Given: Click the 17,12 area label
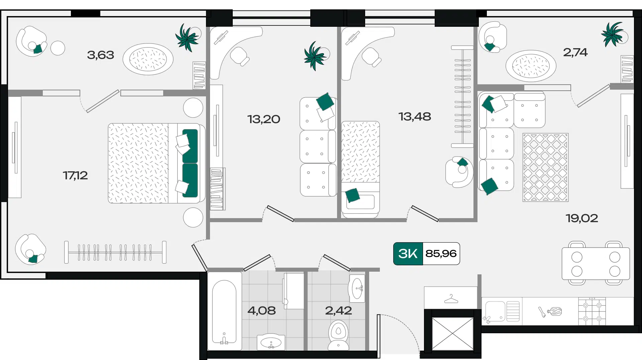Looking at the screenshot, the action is coord(75,175).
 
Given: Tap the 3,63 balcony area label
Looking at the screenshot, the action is coord(100,55).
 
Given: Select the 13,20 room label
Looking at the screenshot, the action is coord(263,119).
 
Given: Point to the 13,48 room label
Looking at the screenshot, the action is coord(415,117).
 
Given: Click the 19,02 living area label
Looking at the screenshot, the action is coord(582,218).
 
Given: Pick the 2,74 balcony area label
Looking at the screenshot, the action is coord(575,52).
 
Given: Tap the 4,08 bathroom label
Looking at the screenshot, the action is coord(261,310).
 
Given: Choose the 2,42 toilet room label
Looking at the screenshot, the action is coord(338,310).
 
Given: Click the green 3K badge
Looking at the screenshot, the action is coord(408,254).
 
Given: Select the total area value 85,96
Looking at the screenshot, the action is coord(441,254).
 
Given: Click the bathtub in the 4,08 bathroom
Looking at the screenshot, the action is coord(224,311).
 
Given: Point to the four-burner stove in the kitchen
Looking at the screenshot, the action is coord(592,311).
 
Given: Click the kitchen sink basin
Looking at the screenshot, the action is coord(495,311).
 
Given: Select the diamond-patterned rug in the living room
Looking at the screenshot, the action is coord(545,167).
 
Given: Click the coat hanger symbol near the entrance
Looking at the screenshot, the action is coord(451,299).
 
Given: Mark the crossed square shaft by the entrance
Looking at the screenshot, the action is coord(453,334).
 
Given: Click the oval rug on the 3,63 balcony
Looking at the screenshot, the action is coord(148,59).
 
